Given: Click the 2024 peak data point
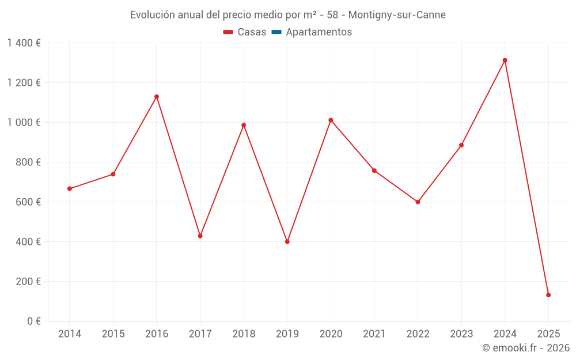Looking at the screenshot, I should tap(505, 60).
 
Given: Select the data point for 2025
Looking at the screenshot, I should tap(548, 295).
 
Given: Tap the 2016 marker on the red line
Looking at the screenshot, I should tap(157, 97).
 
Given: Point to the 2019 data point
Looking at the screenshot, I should tap(287, 242).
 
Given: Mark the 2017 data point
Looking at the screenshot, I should tap(200, 236).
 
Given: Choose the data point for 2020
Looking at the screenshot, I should tap(331, 120).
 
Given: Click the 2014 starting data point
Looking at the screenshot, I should tap(70, 189).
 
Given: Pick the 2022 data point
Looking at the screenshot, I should tap(418, 202).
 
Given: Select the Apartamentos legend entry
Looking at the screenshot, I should tap(319, 32).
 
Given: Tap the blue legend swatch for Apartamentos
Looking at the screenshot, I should tap(276, 32).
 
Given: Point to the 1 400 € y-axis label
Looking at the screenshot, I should tap(24, 43).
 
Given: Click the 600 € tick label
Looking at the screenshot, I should tap(29, 202).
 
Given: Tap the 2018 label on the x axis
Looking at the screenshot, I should tap(244, 334).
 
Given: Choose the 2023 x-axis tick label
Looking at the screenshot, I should tap(461, 334).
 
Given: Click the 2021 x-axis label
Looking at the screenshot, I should tap(374, 334).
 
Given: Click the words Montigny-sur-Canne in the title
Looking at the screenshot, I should tap(397, 15).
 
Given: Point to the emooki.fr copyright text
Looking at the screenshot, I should tap(526, 348).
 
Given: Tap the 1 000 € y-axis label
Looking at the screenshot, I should tap(24, 123).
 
